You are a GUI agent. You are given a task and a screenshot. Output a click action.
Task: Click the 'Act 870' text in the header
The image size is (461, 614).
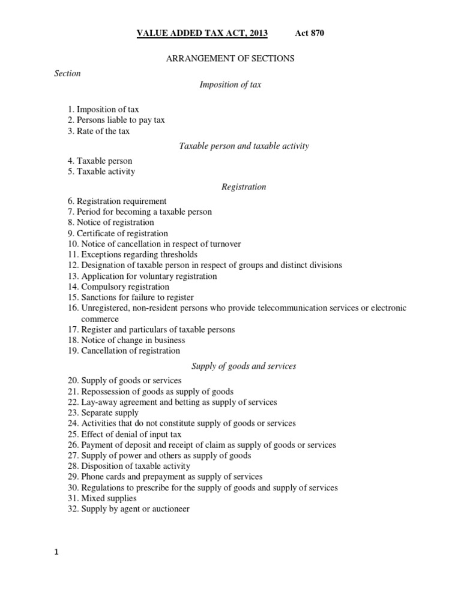[310, 33]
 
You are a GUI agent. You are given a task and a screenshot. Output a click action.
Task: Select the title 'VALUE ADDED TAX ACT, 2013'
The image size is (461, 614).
[203, 33]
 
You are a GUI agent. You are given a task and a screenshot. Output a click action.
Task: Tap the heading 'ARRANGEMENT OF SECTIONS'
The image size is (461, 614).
[230, 59]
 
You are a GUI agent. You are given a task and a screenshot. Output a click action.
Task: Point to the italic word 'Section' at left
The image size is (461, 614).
[67, 73]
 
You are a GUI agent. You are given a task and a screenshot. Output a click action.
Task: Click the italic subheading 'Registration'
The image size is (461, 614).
[244, 186]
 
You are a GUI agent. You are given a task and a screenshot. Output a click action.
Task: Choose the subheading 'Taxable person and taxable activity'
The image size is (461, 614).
[244, 146]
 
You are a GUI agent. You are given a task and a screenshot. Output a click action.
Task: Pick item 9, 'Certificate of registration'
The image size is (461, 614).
[117, 233]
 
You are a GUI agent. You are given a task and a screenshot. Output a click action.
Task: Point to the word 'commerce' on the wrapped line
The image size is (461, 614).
[100, 319]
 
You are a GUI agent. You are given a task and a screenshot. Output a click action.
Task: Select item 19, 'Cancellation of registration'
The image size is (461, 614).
[123, 351]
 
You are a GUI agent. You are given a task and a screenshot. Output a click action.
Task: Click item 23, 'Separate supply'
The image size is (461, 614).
[103, 413]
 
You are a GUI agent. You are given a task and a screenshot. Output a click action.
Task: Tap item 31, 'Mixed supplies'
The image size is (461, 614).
[101, 498]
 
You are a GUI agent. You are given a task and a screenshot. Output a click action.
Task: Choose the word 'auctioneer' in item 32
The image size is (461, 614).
[170, 509]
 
